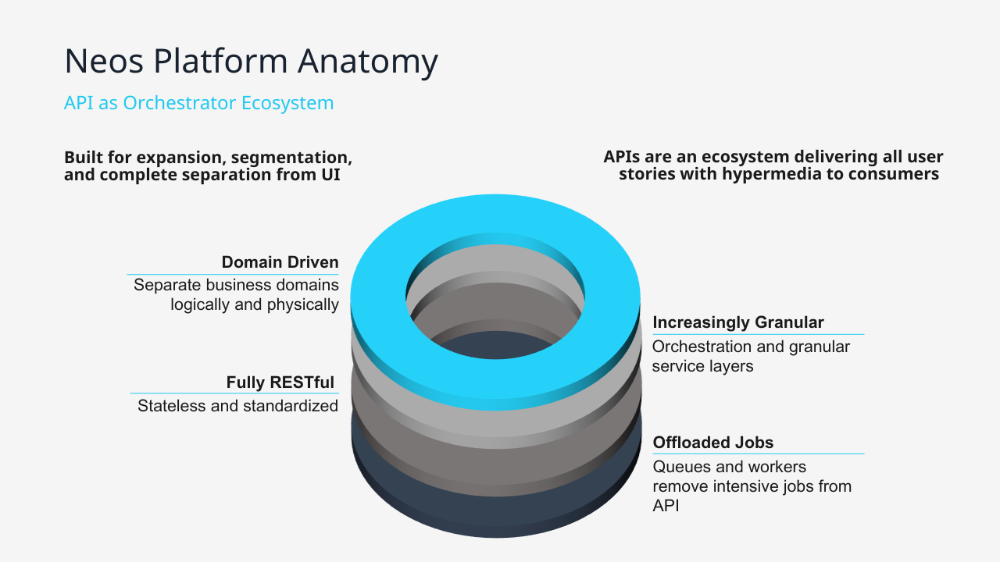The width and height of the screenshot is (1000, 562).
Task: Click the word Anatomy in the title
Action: click(368, 62)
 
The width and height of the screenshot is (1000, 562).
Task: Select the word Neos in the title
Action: click(104, 61)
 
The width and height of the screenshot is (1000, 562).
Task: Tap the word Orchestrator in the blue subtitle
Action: click(180, 102)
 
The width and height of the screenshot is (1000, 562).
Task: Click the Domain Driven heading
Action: click(280, 261)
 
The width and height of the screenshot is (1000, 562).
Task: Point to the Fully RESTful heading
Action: click(280, 382)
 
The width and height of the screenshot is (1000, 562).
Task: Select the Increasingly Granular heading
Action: click(738, 322)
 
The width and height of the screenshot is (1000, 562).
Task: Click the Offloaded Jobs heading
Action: click(713, 443)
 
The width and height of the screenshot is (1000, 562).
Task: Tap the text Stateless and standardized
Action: click(237, 406)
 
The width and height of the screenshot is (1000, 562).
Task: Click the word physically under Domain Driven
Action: click(302, 305)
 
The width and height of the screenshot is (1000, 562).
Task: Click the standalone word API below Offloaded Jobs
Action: click(666, 506)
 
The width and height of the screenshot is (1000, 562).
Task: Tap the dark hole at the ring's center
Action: click(496, 346)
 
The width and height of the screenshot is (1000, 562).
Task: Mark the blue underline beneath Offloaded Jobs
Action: click(758, 454)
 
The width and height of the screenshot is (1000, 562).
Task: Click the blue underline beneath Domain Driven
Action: click(233, 274)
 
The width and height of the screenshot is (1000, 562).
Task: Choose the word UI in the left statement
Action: click(330, 174)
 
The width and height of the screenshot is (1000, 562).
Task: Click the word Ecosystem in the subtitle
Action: click(287, 103)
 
